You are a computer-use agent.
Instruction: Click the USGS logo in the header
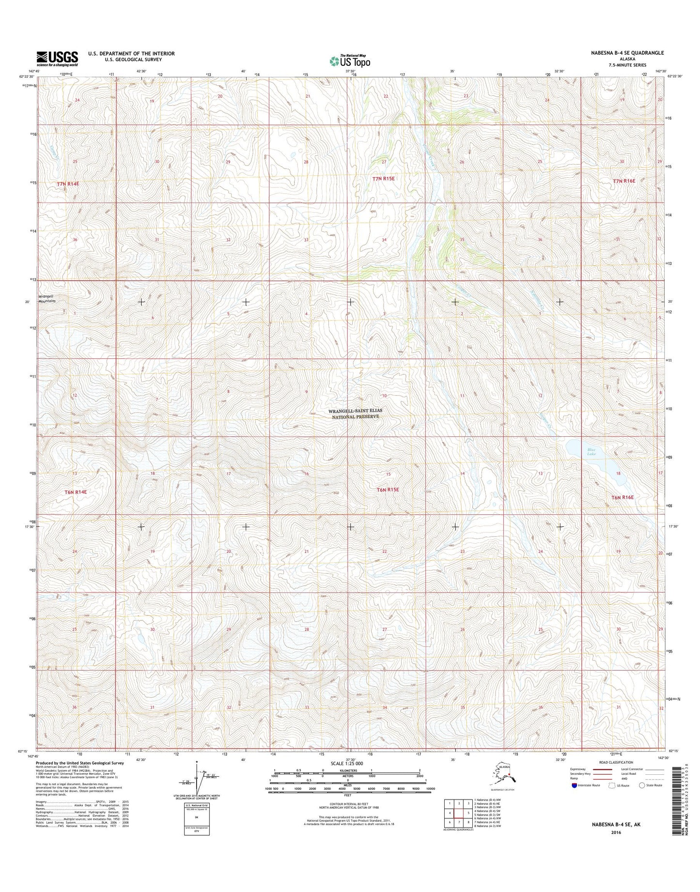[x=57, y=59]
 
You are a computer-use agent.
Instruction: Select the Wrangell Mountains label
[x=47, y=298]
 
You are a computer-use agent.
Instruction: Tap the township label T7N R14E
[x=68, y=184]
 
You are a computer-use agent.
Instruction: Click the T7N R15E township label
[x=384, y=179]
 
